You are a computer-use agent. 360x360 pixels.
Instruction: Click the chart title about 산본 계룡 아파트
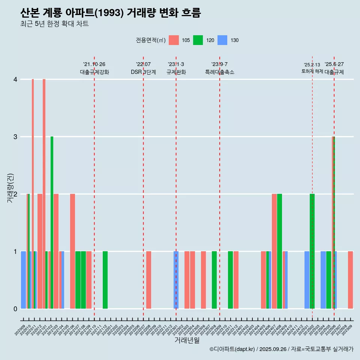(x=111, y=13)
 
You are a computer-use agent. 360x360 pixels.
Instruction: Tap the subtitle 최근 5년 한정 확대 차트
(x=54, y=24)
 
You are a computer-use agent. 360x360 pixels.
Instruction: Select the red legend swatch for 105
(x=174, y=40)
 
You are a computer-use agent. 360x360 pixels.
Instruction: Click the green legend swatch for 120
(x=198, y=40)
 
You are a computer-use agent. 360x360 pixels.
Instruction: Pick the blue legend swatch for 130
(x=222, y=40)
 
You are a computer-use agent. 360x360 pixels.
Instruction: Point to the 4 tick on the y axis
(x=15, y=79)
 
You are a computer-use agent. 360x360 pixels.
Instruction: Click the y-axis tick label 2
(x=15, y=194)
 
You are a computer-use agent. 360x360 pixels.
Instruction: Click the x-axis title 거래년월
(x=187, y=340)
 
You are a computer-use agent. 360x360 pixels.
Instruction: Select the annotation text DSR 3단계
(x=143, y=72)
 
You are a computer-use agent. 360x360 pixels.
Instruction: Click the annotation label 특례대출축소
(x=219, y=72)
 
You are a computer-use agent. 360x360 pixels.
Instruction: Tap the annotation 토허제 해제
(x=312, y=71)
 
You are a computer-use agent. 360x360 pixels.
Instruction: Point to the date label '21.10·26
(x=94, y=64)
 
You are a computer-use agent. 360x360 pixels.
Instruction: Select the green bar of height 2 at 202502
(x=312, y=251)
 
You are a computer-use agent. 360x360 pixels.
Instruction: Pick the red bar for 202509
(x=350, y=280)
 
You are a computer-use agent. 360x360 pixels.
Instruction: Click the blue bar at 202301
(x=176, y=280)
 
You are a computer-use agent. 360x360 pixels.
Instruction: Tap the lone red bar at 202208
(x=149, y=280)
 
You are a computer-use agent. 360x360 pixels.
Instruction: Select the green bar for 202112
(x=105, y=280)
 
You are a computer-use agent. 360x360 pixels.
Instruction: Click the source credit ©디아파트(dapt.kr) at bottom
(x=281, y=349)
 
